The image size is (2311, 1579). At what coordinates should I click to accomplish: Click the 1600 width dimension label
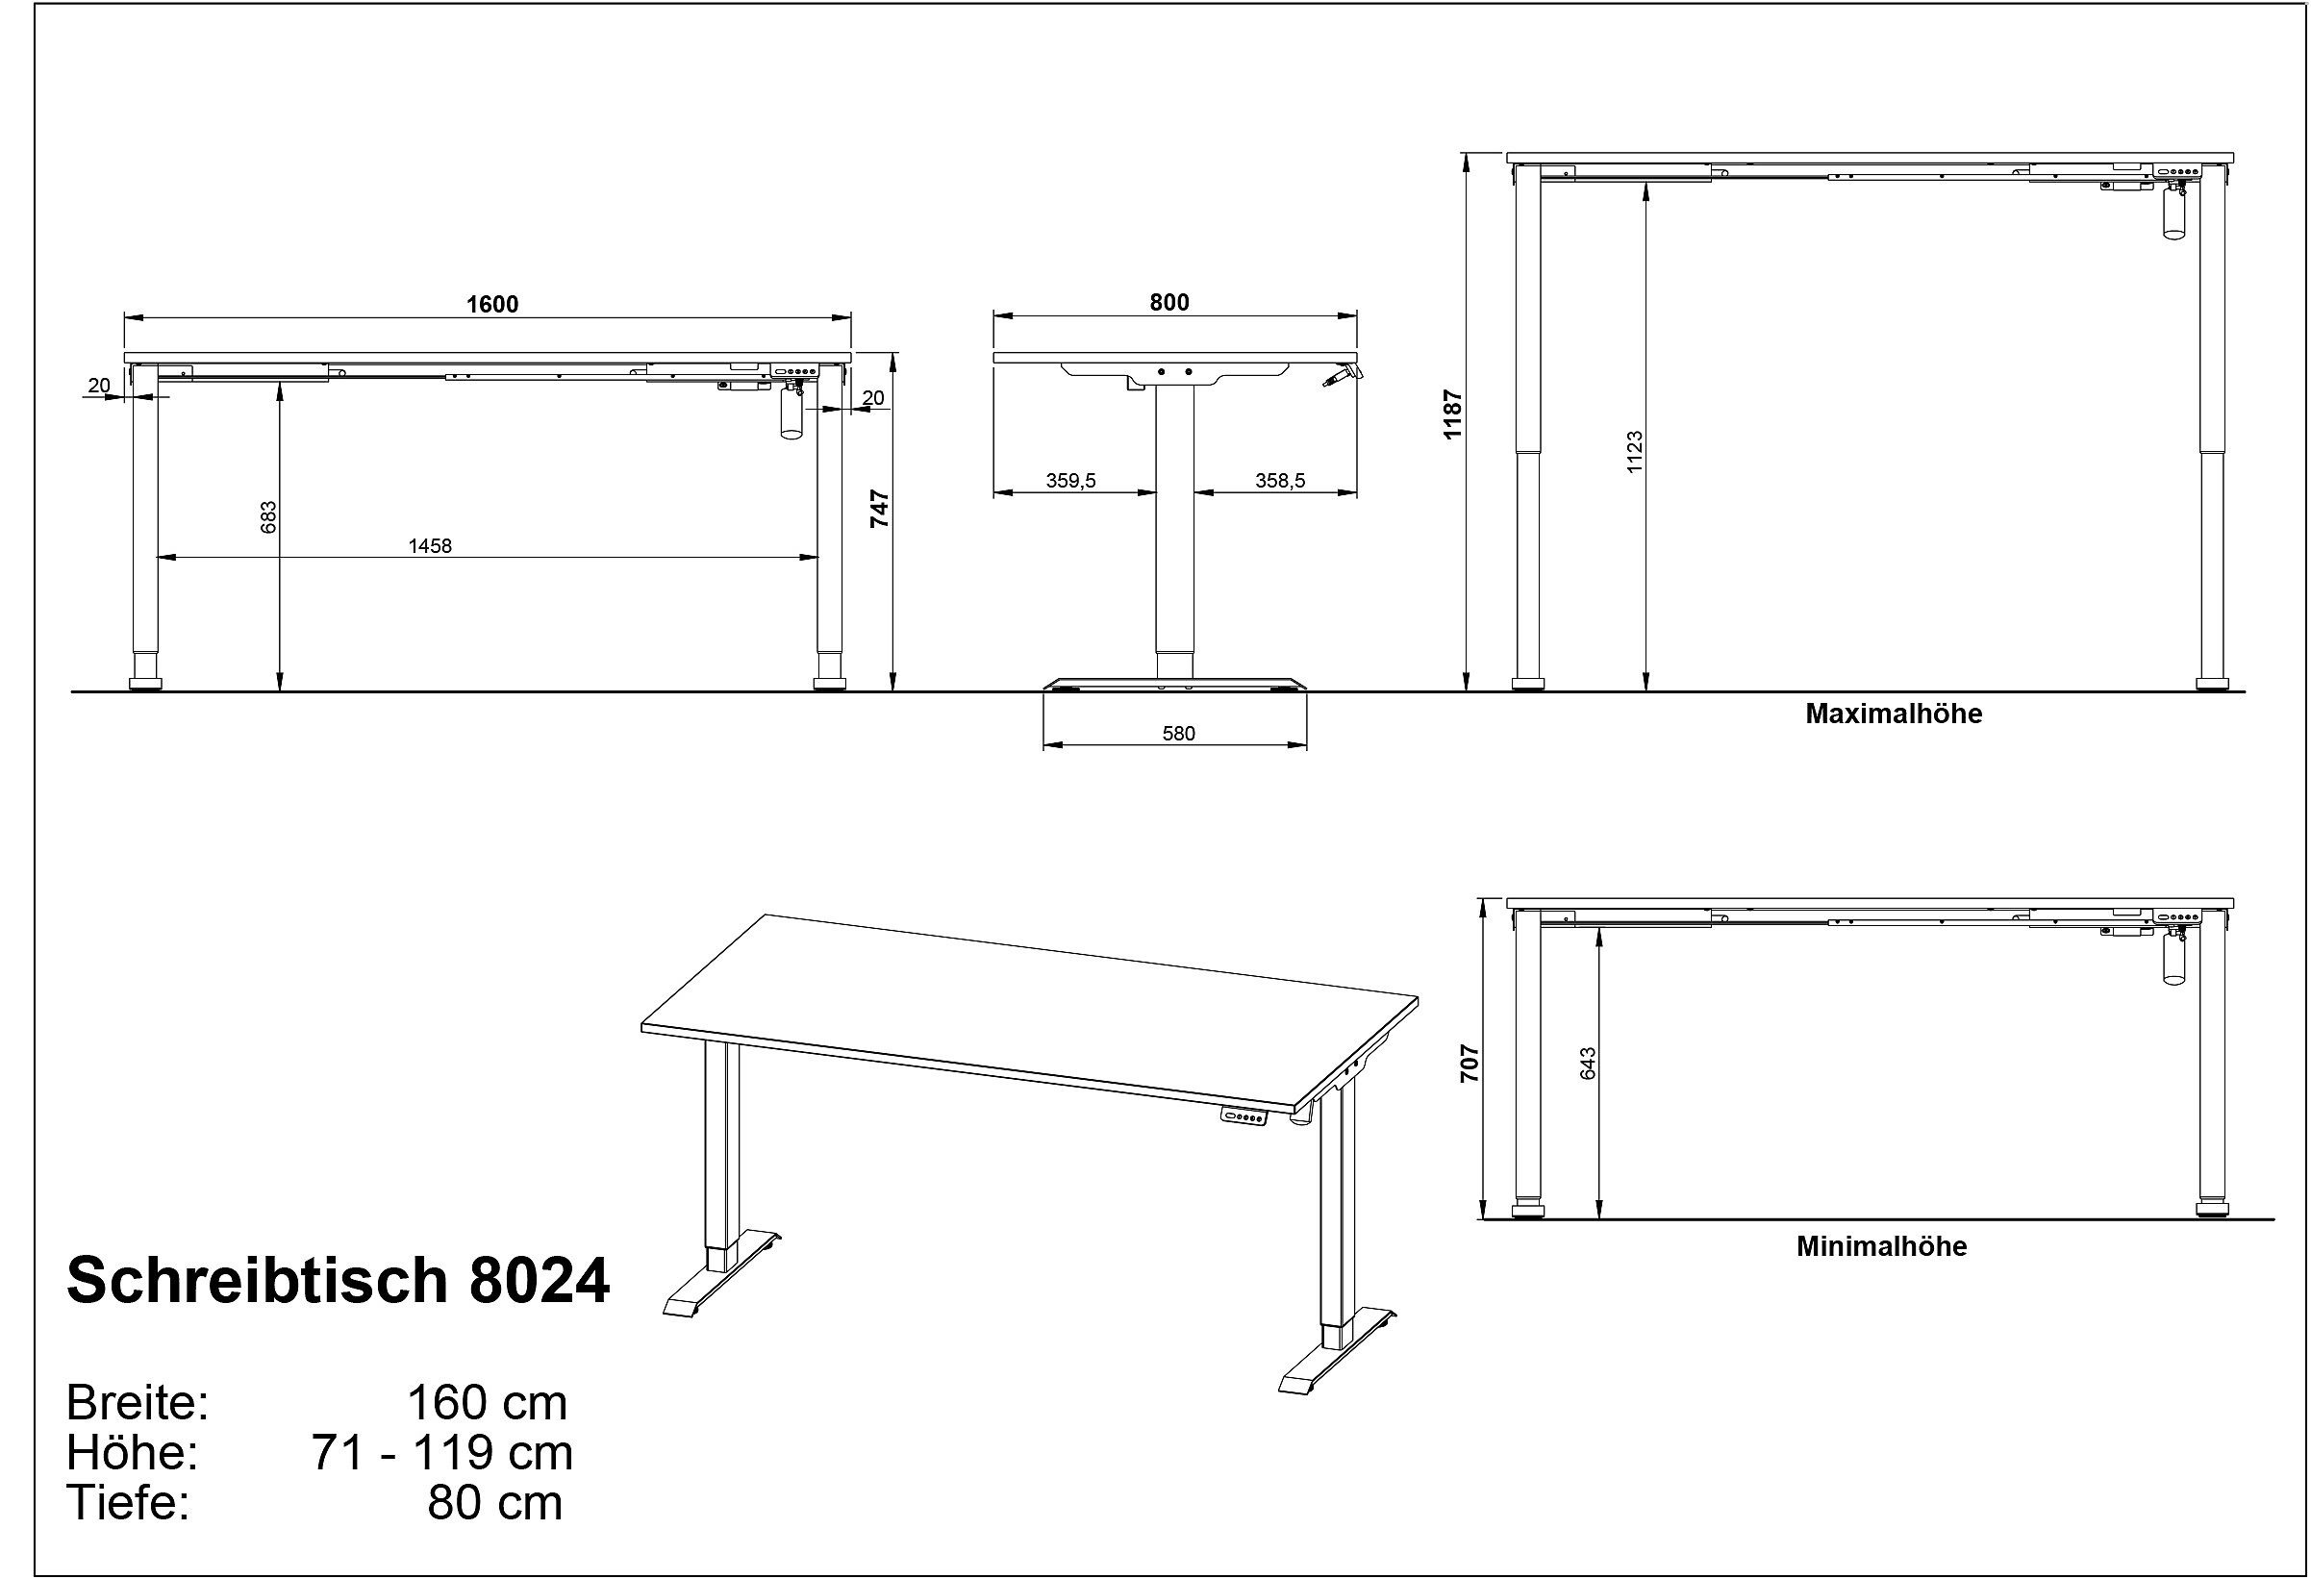492,304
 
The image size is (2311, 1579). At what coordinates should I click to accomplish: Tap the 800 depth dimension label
1169,302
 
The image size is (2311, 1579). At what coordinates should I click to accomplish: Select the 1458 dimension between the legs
430,546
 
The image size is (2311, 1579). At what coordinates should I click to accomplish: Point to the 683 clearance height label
268,517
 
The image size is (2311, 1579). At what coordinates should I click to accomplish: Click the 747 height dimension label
880,508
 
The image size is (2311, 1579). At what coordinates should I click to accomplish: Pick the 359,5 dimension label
1071,481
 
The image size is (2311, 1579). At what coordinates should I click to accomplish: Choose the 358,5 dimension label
1280,481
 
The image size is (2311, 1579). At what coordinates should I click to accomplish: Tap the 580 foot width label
1178,734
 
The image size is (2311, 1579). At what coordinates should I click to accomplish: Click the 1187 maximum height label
1453,414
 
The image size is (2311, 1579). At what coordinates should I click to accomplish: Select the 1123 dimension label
1635,451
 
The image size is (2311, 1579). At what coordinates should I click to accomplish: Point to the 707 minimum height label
1469,1063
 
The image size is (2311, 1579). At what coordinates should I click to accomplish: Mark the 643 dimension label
1587,1063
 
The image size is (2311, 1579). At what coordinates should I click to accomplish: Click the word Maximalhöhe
1894,714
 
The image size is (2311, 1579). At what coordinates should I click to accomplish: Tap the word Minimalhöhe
1881,1247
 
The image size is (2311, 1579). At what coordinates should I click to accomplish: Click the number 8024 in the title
539,1281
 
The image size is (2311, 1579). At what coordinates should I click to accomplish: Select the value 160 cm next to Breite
488,1403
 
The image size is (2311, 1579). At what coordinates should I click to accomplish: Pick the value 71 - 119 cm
442,1453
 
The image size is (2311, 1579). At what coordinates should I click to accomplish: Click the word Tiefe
127,1502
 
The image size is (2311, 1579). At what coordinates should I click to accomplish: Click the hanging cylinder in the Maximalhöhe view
2174,213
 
